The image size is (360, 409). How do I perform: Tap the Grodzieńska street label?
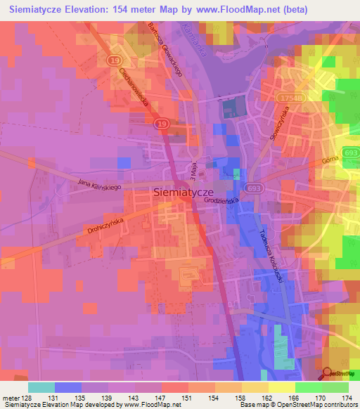[x=219, y=200]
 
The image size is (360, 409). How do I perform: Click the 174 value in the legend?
[x=346, y=398]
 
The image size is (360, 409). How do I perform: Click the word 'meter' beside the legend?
[x=12, y=398]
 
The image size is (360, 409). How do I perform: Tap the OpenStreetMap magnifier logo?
[x=328, y=375]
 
